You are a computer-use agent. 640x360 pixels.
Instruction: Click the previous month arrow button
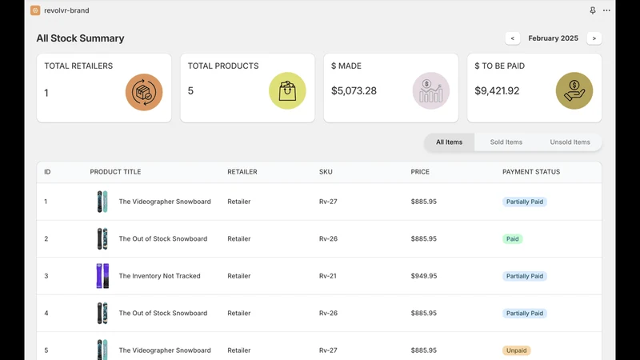coord(512,38)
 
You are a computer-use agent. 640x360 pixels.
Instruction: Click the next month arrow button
coord(594,38)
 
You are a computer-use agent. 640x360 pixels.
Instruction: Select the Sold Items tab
coord(506,142)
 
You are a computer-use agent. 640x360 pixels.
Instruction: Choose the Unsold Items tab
coord(570,142)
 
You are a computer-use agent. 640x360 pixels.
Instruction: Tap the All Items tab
coord(449,142)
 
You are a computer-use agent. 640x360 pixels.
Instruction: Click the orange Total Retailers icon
coord(144,92)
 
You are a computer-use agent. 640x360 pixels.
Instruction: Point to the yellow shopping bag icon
coord(287,90)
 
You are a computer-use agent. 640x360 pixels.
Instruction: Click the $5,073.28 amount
coord(354,90)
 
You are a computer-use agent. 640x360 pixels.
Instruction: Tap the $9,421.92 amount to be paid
coord(497,90)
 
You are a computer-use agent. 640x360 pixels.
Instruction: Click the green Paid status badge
coord(512,238)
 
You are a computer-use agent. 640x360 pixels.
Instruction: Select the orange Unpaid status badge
coord(516,350)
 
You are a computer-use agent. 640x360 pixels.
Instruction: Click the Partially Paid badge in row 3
coord(525,276)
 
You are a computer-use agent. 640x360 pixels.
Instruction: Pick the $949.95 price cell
coord(424,276)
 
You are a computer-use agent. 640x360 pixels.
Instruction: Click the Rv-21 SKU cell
coord(328,276)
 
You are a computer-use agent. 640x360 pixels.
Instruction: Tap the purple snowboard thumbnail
coord(102,276)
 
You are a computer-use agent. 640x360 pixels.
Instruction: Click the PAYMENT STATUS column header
coord(531,172)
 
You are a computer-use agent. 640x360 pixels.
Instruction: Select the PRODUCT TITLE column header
coord(115,172)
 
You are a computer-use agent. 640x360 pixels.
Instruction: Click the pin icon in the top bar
coord(593,10)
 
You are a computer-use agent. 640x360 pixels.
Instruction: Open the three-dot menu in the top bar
coord(606,10)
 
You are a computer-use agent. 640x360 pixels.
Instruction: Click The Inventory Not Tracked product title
coord(159,276)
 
